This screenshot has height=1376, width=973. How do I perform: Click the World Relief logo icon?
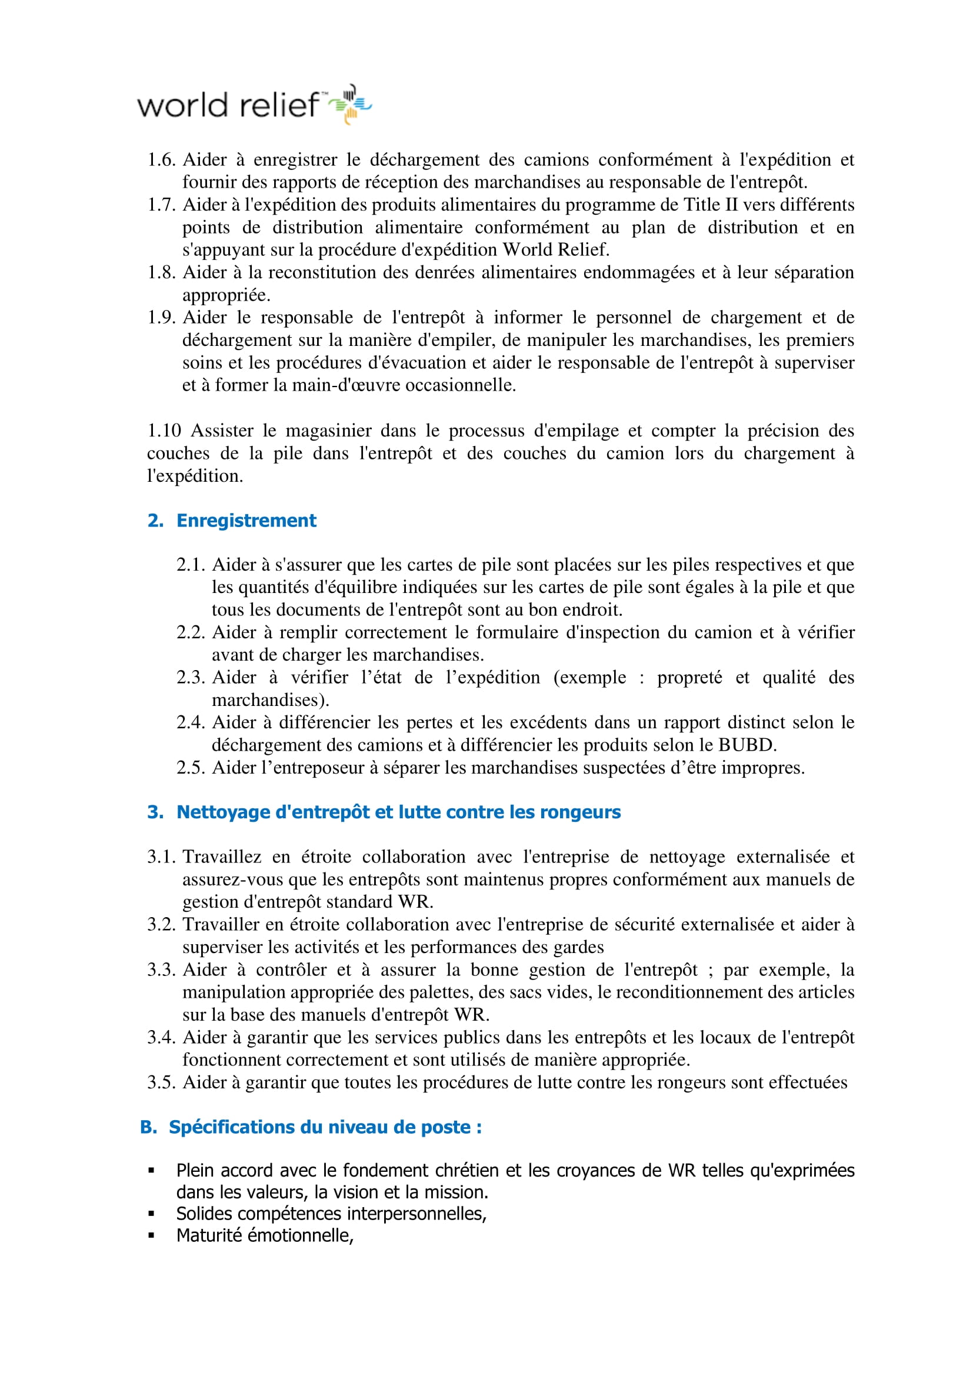pos(351,104)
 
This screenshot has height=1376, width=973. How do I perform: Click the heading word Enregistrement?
pos(246,520)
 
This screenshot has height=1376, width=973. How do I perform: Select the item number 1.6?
pos(161,159)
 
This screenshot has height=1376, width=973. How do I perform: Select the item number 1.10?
pos(164,430)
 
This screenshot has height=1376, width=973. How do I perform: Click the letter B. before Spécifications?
pos(148,1127)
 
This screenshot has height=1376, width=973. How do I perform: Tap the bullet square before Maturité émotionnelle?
pos(151,1235)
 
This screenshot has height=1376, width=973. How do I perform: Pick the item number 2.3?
pos(191,677)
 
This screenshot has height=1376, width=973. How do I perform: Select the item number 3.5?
pos(161,1082)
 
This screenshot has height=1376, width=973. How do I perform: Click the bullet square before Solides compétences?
pos(151,1214)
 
